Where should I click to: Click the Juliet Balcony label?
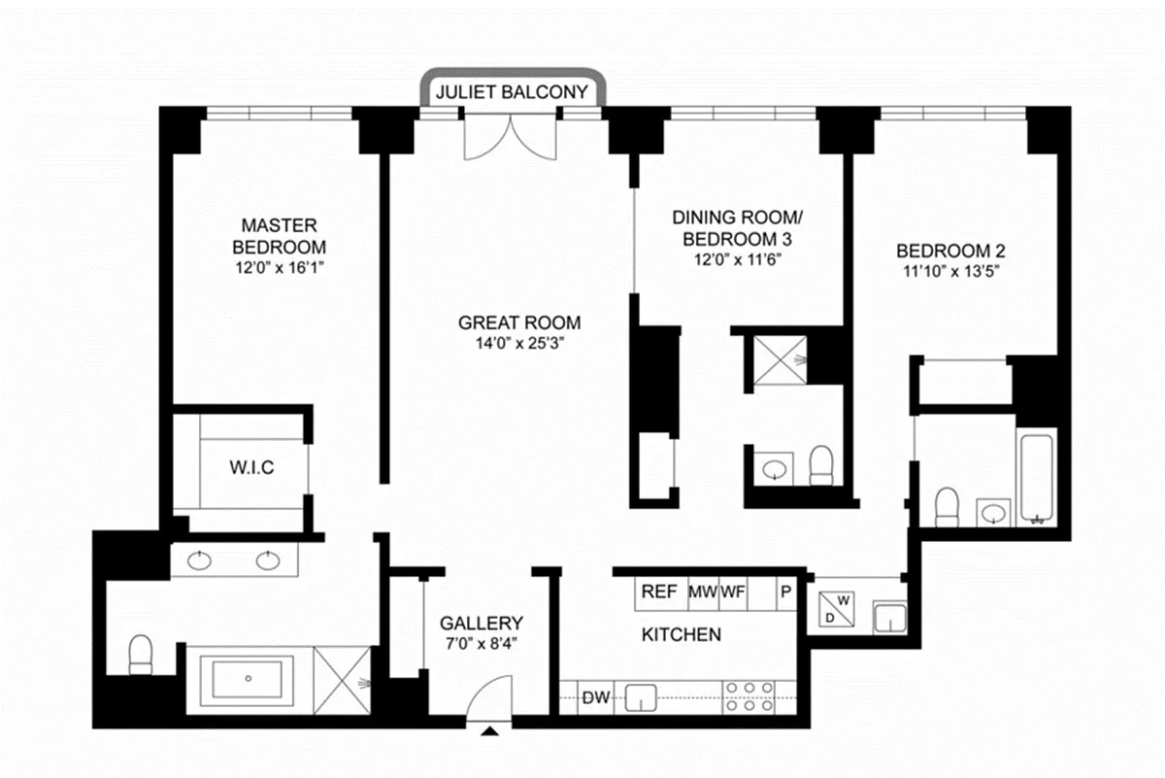(x=512, y=92)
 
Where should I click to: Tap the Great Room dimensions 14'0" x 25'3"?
(x=519, y=344)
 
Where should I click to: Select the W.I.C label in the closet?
(x=251, y=467)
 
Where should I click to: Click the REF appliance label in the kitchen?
(x=659, y=592)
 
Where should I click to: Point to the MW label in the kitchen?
(x=703, y=592)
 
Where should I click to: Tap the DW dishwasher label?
(x=595, y=697)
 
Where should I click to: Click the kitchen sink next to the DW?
(x=640, y=697)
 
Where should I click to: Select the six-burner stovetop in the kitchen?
(x=749, y=696)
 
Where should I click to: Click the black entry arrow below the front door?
(x=489, y=731)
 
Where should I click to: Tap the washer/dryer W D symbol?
(x=836, y=609)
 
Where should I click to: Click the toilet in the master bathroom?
(x=140, y=654)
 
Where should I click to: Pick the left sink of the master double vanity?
(x=199, y=561)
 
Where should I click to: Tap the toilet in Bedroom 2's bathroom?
(x=947, y=507)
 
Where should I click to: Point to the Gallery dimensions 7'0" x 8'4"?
(x=482, y=644)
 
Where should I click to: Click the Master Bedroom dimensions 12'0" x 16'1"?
(x=280, y=268)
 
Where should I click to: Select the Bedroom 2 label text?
(x=950, y=251)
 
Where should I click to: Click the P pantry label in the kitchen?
(x=785, y=592)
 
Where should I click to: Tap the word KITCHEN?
(x=682, y=635)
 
